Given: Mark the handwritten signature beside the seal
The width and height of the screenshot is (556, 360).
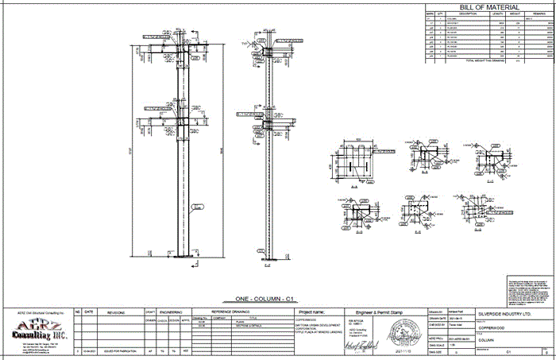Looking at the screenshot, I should click(363, 343).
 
